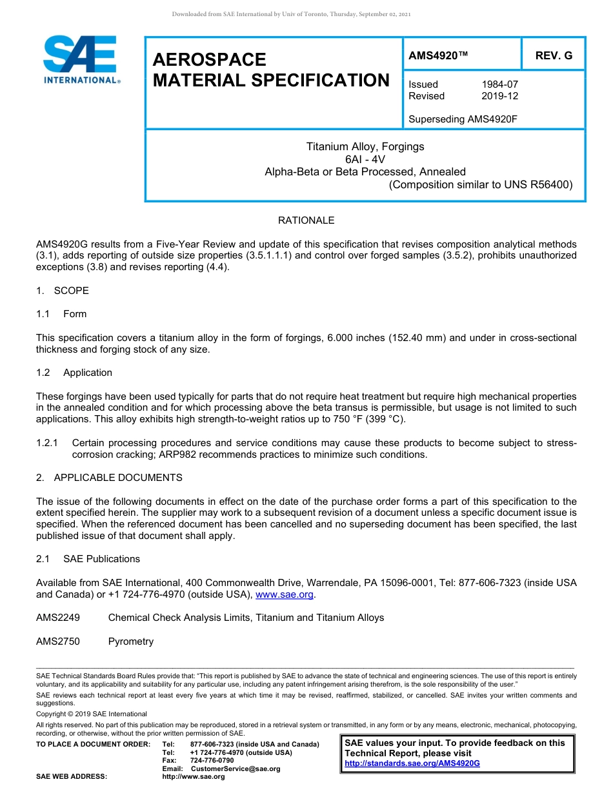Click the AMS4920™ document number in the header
(x=438, y=56)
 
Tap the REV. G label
(x=554, y=56)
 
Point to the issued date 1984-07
(x=499, y=84)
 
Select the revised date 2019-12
(x=499, y=96)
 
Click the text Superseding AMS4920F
(x=463, y=119)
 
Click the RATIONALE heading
(x=306, y=220)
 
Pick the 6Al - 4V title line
(x=365, y=159)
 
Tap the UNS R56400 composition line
(x=480, y=185)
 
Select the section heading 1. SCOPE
(x=63, y=291)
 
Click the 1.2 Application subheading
(x=74, y=373)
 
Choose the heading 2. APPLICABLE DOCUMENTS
(x=109, y=478)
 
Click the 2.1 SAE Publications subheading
(x=88, y=559)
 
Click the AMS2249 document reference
(x=58, y=618)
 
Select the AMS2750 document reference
(x=58, y=641)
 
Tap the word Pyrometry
(x=131, y=641)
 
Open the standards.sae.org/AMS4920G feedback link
(x=412, y=763)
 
